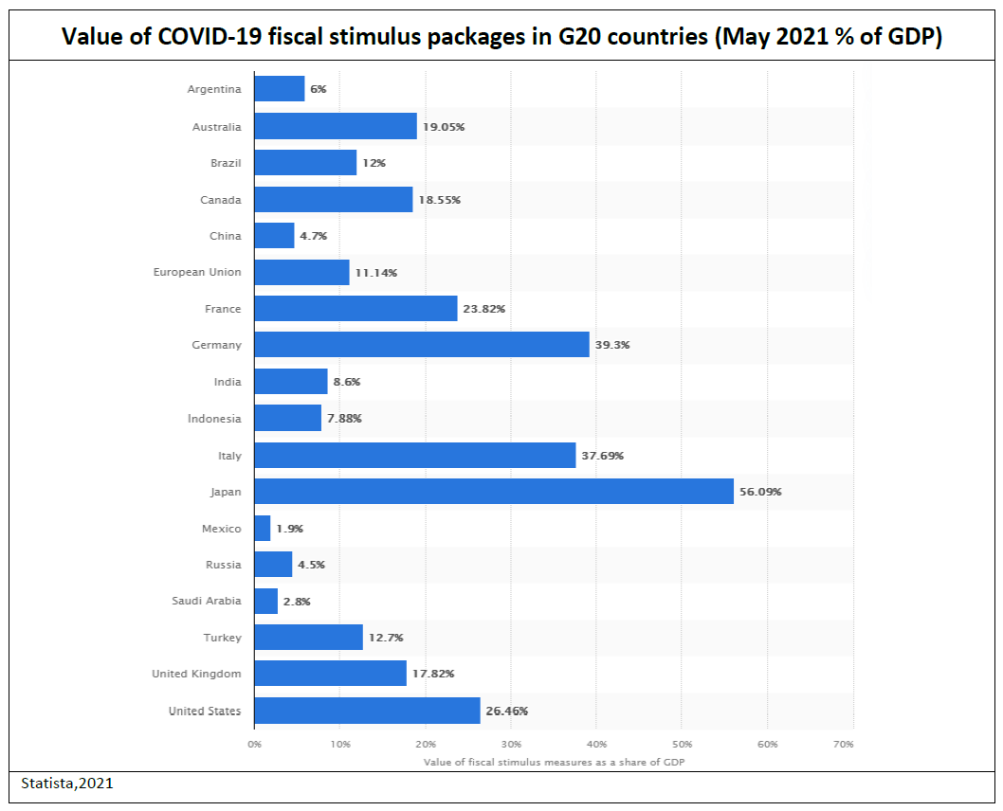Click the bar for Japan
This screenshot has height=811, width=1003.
(x=493, y=492)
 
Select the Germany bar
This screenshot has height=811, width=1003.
(x=422, y=345)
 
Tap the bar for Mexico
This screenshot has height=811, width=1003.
(x=263, y=529)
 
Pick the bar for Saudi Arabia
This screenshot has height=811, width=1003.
(x=266, y=602)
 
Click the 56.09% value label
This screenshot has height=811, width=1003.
(x=760, y=492)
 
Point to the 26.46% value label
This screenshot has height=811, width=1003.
(x=507, y=711)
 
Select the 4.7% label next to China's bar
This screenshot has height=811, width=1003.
(x=313, y=236)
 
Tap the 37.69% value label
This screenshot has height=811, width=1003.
(x=602, y=456)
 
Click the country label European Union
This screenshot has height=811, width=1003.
(x=197, y=273)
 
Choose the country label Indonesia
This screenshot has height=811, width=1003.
(x=214, y=419)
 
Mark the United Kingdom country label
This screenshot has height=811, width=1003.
(x=196, y=675)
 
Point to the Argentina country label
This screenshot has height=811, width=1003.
(x=214, y=90)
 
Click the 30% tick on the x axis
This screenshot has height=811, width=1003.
(x=511, y=745)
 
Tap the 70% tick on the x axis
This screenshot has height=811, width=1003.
(x=843, y=745)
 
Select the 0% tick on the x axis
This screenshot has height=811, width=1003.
(x=254, y=745)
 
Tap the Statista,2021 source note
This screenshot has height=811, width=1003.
(x=66, y=784)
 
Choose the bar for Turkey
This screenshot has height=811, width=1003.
(x=309, y=638)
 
